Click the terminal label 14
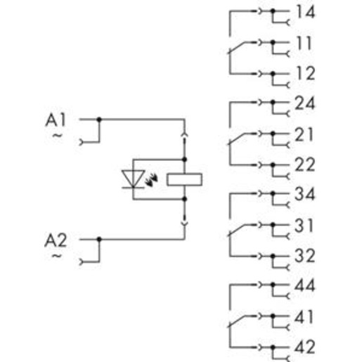point(306,12)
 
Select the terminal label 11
point(304,43)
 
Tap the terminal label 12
point(306,73)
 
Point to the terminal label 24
point(304,103)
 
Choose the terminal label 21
point(304,134)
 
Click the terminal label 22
point(304,164)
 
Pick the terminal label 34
point(304,194)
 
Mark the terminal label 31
point(304,226)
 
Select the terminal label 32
point(304,256)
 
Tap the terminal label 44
point(304,285)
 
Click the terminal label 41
point(304,317)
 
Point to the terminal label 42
point(304,347)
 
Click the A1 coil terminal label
point(56,120)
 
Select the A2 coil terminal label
point(56,240)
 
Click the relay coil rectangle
point(184,179)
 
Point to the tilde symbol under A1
point(57,136)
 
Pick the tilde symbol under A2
point(57,256)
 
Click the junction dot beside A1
point(99,119)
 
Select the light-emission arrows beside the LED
point(152,180)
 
